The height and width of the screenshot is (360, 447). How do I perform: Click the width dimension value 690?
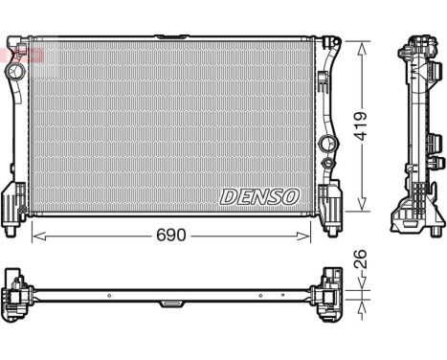coord(171,235)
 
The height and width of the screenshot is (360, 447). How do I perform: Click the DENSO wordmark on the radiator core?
coord(260,195)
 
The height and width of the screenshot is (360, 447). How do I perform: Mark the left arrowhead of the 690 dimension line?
coord(35,235)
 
